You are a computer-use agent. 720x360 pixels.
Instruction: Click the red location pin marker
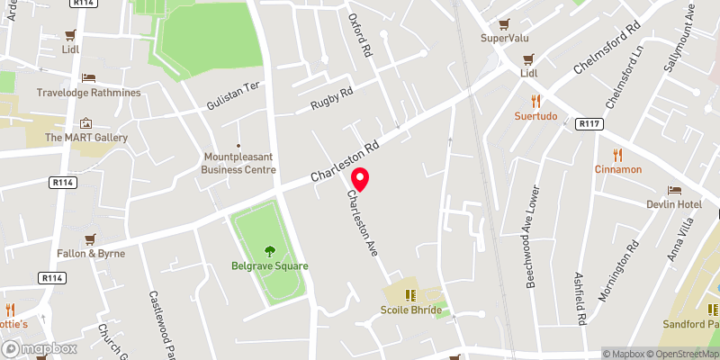(x=360, y=180)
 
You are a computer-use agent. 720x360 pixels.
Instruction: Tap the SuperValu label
(x=504, y=38)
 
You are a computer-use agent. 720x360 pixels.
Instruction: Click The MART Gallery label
(x=86, y=138)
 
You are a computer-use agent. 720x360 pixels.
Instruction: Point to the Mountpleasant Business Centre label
(x=238, y=163)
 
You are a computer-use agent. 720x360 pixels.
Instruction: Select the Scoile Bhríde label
(x=410, y=310)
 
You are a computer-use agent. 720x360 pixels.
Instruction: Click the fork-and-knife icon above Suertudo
(x=535, y=101)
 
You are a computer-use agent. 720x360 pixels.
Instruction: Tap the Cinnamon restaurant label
(x=617, y=169)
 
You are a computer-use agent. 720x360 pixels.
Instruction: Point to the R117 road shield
(x=589, y=123)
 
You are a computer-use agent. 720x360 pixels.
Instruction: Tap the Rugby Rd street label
(x=332, y=98)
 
